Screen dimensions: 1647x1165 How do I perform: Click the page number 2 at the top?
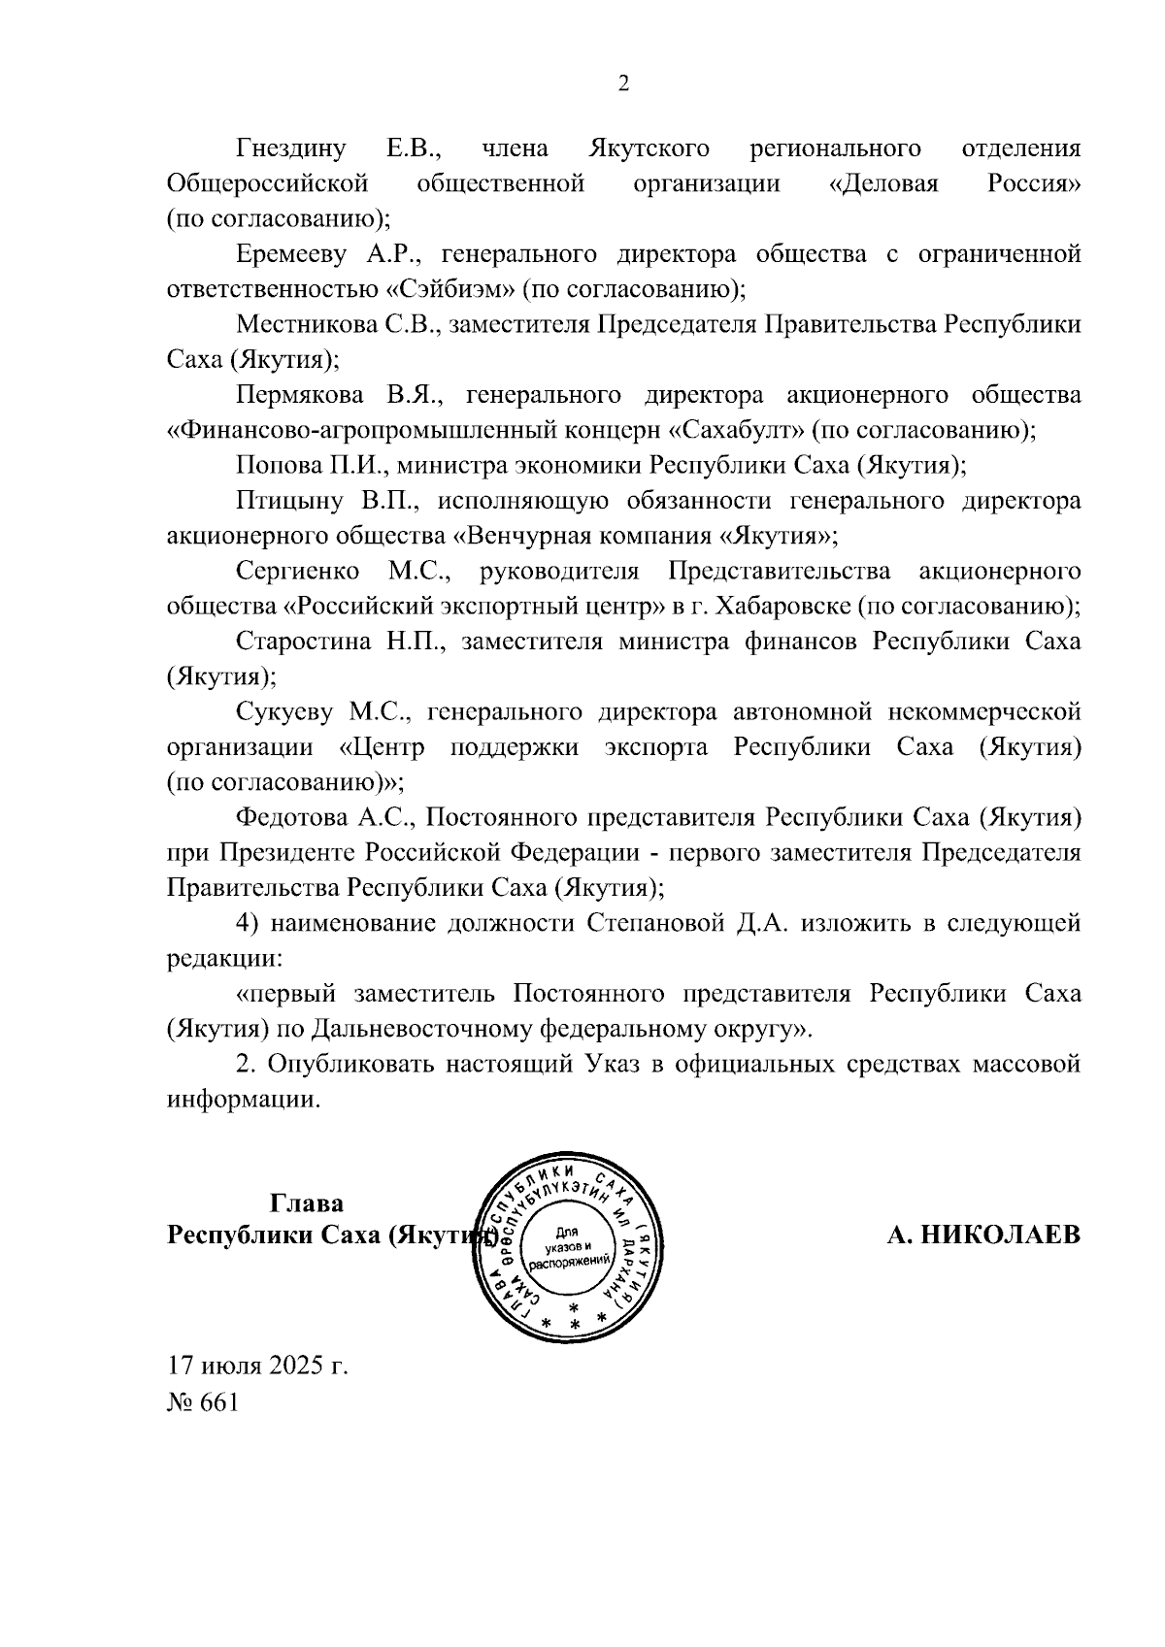tap(624, 83)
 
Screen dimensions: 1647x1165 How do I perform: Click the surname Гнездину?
tap(290, 148)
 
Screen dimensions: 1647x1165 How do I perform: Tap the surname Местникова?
tap(303, 324)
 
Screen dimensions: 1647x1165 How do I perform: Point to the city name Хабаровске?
tap(783, 607)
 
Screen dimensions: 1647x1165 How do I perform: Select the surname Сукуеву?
tap(283, 712)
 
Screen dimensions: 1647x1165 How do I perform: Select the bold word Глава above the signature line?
tap(307, 1203)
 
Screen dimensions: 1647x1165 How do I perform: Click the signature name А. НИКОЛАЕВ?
tap(982, 1235)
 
